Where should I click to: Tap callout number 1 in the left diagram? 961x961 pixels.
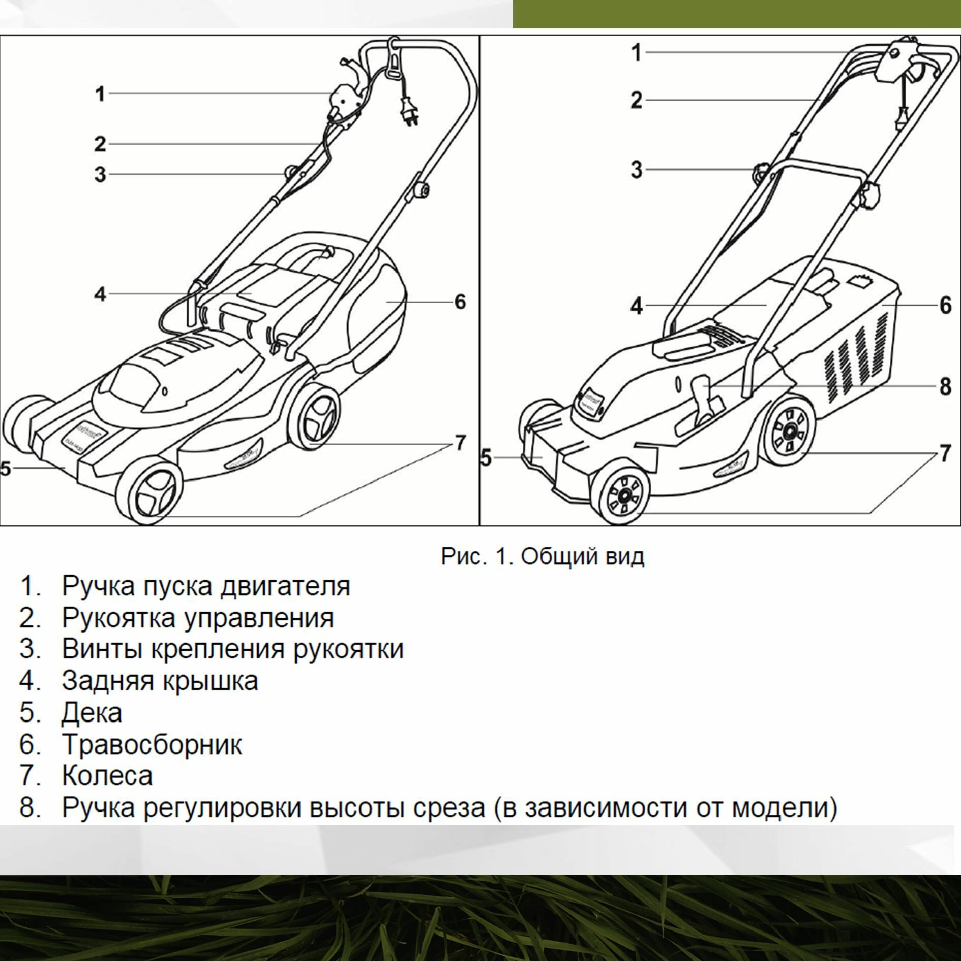click(x=100, y=94)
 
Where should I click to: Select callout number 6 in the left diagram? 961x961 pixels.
click(x=460, y=302)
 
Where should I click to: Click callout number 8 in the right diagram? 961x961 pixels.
click(x=945, y=386)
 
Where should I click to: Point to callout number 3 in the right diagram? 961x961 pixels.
click(x=637, y=170)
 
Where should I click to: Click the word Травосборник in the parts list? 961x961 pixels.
click(x=152, y=744)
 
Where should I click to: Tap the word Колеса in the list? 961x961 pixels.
click(x=107, y=776)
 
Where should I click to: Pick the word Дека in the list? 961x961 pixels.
click(x=92, y=712)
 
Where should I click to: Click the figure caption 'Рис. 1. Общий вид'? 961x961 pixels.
click(x=542, y=556)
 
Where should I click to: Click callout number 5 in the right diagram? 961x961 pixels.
click(x=486, y=458)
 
